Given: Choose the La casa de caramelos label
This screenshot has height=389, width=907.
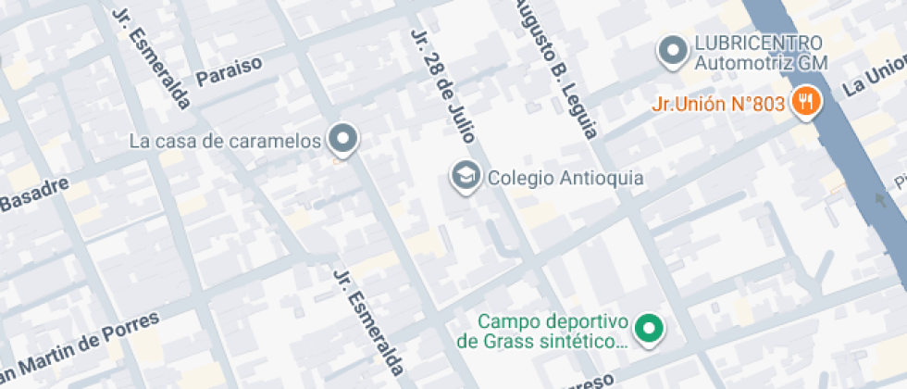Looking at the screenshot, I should click(225, 142).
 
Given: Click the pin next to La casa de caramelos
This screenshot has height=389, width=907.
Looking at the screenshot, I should click(344, 138).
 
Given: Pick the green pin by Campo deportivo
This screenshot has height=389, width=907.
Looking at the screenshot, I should click(652, 329).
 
